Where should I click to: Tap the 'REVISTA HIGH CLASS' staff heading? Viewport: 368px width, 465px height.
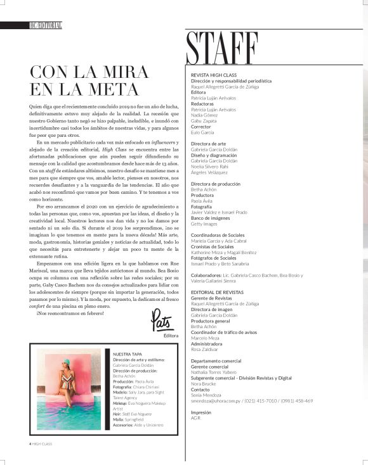(213, 75)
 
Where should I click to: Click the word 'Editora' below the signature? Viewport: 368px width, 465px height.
(171, 336)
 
